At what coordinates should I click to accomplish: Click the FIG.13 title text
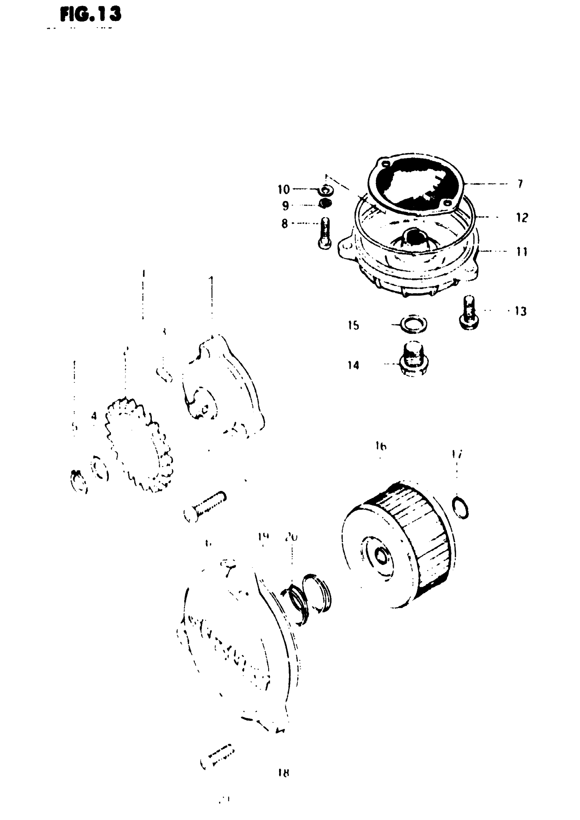pos(91,15)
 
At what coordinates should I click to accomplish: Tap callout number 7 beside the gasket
pos(520,184)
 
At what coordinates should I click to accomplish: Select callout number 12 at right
pos(522,217)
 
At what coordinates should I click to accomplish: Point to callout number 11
pos(522,252)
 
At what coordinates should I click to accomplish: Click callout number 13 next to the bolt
pos(521,312)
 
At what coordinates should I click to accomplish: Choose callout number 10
pos(284,189)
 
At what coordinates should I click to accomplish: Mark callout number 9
pos(285,206)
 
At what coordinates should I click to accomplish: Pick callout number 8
pos(285,224)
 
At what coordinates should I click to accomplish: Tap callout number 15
pos(353,325)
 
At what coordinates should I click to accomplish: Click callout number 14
pos(353,365)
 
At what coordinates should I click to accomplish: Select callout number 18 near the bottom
pos(283,773)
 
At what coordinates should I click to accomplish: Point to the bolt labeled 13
pos(468,312)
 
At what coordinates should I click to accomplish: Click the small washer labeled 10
pos(327,190)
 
